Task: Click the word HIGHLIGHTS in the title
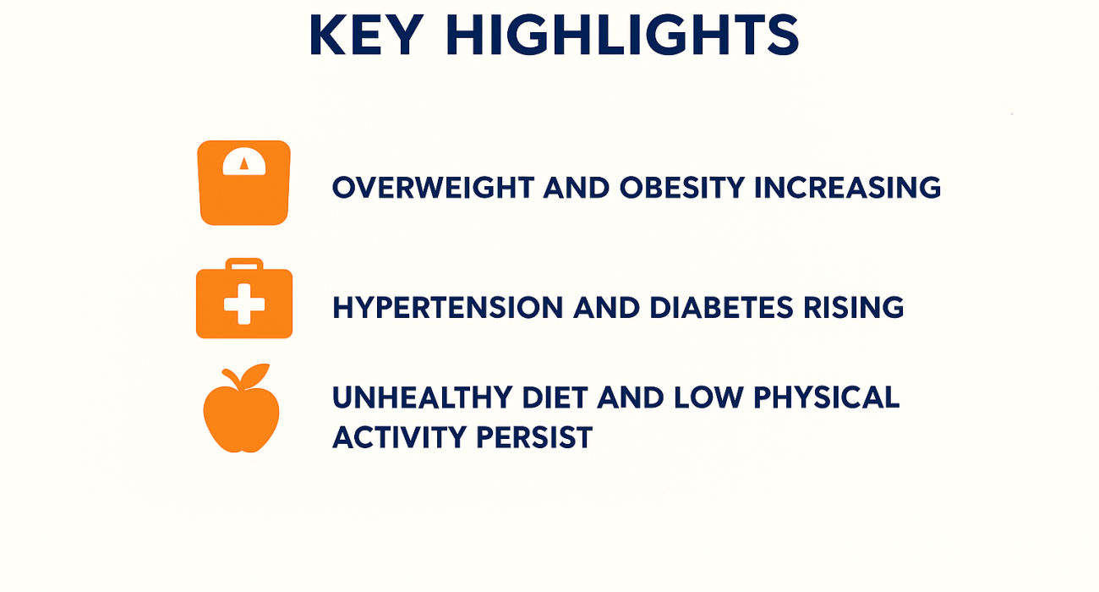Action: point(622,36)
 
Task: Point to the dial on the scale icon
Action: point(244,162)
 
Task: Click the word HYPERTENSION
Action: point(447,308)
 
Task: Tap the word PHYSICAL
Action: point(818,397)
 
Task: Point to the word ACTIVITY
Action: point(397,437)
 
